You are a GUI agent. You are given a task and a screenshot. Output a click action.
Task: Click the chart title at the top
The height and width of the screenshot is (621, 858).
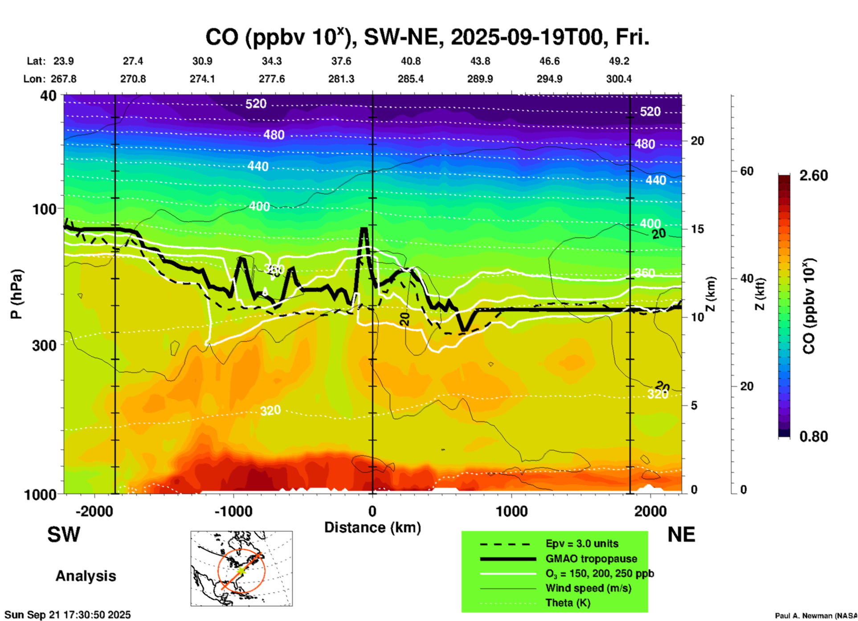click(x=427, y=37)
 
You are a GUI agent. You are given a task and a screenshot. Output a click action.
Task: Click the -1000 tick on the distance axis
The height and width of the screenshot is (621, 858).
click(x=233, y=511)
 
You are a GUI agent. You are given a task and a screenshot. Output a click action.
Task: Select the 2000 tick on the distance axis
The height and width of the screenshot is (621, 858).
click(x=650, y=511)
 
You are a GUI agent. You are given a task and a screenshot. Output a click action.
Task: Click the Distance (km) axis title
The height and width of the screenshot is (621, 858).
click(x=372, y=527)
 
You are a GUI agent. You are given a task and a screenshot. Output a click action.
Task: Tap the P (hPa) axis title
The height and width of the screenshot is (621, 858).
click(x=16, y=294)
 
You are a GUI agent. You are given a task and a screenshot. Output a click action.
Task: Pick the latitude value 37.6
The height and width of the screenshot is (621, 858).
click(x=341, y=61)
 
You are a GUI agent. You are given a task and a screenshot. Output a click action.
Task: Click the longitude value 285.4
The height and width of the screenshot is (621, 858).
click(x=411, y=79)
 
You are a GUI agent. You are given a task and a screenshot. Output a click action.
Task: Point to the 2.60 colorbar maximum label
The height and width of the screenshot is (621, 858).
click(x=813, y=176)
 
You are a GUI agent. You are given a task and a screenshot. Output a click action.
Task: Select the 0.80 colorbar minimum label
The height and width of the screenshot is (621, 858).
click(x=813, y=437)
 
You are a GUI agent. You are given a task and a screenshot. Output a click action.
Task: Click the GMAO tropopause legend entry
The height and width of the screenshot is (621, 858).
click(x=591, y=559)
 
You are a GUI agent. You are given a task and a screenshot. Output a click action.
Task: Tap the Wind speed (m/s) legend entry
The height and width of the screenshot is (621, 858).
click(x=588, y=588)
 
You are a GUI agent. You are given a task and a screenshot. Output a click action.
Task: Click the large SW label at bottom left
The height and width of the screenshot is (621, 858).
click(x=64, y=535)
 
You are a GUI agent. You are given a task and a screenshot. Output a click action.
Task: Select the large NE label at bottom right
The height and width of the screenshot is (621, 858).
click(x=681, y=535)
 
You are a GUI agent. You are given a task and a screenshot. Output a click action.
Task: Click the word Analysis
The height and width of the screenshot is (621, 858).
click(x=86, y=576)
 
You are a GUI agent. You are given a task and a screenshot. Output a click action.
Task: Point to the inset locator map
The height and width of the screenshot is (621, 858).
click(x=241, y=568)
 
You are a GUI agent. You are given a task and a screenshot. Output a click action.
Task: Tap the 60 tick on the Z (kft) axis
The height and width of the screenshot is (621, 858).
click(x=747, y=171)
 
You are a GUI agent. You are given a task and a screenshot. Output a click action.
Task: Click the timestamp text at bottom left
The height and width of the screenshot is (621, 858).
click(x=68, y=615)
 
